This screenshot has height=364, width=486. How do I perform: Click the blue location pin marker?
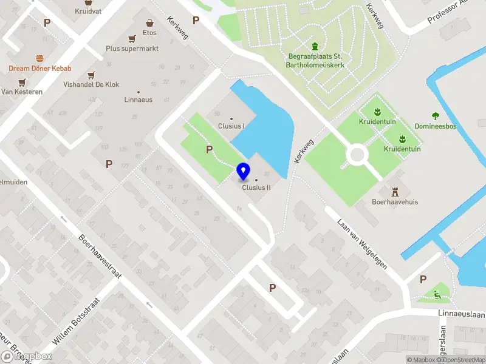244,171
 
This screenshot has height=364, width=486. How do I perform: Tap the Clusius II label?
256,187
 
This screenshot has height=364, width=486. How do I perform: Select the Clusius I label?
231,126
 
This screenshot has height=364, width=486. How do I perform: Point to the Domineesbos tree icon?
435,116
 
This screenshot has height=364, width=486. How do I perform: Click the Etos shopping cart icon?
149,23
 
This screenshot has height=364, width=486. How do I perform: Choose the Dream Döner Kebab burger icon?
40,58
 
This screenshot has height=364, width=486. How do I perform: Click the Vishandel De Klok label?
91,85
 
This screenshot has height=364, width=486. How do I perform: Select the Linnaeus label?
138,99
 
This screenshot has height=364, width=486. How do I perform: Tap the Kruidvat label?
88,11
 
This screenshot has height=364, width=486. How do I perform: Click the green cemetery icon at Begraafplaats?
315,47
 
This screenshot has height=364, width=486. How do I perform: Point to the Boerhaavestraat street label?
100,257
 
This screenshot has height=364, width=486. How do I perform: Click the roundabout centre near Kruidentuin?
357,156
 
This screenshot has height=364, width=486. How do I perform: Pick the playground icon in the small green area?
437,295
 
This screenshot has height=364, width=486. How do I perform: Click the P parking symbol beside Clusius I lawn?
210,149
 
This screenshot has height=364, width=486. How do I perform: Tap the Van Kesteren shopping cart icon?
22,83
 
